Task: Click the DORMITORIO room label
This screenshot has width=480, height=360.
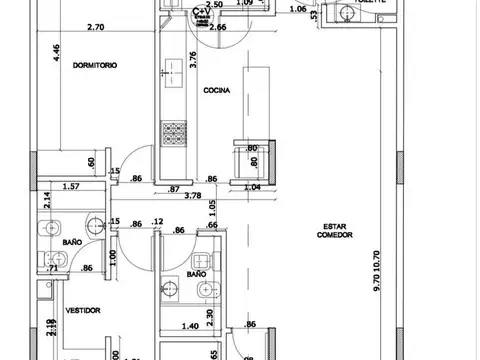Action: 95,65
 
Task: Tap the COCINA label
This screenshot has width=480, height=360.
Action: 217,91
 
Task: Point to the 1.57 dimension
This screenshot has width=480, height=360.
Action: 70,186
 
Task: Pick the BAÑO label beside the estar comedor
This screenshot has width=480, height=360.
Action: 196,273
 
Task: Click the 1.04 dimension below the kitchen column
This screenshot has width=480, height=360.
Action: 252,187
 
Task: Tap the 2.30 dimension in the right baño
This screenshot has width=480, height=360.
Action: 209,316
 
